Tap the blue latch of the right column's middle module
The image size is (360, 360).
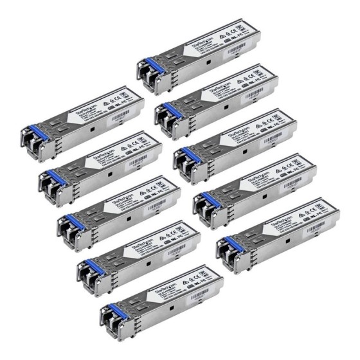click(184, 154)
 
